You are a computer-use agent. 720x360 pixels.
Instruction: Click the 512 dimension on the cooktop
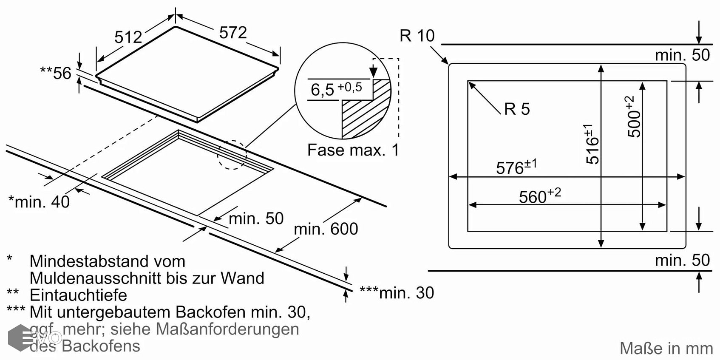(x=128, y=37)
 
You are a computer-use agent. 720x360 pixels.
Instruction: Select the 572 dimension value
(x=233, y=33)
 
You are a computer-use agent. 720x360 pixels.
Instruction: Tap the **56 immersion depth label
(x=56, y=73)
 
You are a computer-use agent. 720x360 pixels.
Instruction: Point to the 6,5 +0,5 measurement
(x=336, y=89)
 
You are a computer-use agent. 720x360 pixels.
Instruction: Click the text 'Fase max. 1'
(x=353, y=150)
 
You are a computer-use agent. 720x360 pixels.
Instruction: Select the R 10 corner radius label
(x=417, y=36)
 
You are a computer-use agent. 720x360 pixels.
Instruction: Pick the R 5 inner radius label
(x=517, y=109)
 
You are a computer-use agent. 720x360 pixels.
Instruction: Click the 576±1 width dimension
(x=516, y=167)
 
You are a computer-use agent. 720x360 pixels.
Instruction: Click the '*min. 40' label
(x=39, y=202)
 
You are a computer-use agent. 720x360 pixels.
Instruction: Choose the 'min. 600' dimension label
(x=326, y=229)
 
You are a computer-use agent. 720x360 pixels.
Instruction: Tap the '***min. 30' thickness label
(x=397, y=292)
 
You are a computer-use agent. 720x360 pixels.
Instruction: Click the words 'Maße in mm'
(x=666, y=349)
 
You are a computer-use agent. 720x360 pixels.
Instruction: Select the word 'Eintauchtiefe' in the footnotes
(x=78, y=295)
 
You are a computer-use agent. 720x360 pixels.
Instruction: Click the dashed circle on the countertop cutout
(x=232, y=155)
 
